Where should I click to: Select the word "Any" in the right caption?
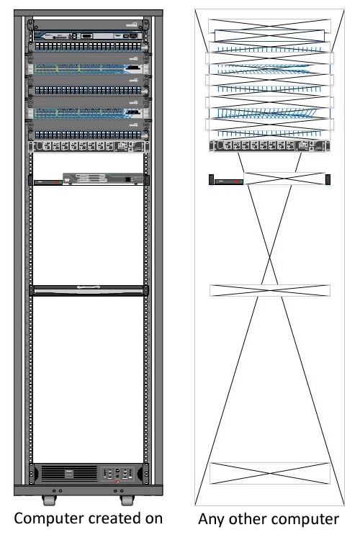pyautogui.click(x=212, y=520)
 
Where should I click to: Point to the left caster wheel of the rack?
pyautogui.click(x=49, y=500)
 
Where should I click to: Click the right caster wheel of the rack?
pyautogui.click(x=127, y=500)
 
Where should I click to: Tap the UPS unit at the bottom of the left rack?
pyautogui.click(x=89, y=474)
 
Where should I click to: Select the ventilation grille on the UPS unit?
pyautogui.click(x=69, y=473)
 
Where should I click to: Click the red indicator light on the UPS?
pyautogui.click(x=117, y=482)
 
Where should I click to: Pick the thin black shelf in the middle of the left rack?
pyautogui.click(x=89, y=290)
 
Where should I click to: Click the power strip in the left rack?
pyautogui.click(x=89, y=147)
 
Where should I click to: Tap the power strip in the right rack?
pyautogui.click(x=269, y=146)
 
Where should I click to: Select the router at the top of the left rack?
pyautogui.click(x=89, y=35)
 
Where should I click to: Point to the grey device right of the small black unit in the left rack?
pyautogui.click(x=103, y=179)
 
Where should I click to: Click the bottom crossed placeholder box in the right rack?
pyautogui.click(x=270, y=474)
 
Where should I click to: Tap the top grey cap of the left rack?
pyautogui.click(x=88, y=13)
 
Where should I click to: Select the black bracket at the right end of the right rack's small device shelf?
pyautogui.click(x=328, y=179)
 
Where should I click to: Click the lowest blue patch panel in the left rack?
pyautogui.click(x=89, y=135)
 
